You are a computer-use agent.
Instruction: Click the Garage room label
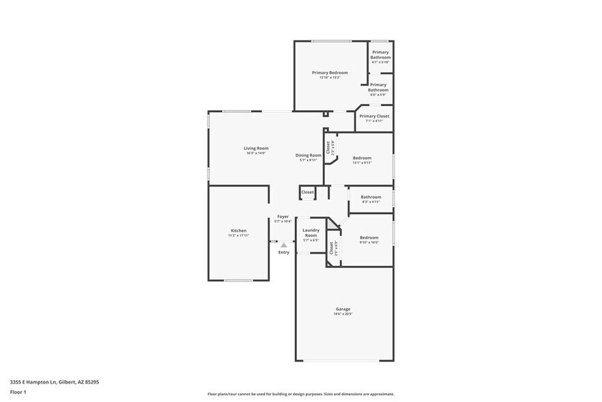click(342, 308)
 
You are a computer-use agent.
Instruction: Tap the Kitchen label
click(238, 230)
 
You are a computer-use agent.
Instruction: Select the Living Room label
click(256, 148)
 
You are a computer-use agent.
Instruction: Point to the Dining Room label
click(309, 155)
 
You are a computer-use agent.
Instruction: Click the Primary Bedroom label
click(330, 72)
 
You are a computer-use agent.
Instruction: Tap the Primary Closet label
click(374, 116)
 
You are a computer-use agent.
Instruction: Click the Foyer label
click(283, 217)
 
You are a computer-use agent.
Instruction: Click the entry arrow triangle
click(284, 244)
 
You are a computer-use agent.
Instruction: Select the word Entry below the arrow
click(284, 252)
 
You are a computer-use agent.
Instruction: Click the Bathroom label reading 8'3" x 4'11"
click(371, 197)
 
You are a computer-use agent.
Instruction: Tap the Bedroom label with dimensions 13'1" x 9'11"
click(362, 158)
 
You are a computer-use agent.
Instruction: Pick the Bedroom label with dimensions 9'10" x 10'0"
click(369, 237)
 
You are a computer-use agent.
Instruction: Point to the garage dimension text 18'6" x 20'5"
click(342, 314)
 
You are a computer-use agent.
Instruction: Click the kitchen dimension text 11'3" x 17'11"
click(238, 235)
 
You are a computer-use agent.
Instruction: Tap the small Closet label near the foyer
click(308, 192)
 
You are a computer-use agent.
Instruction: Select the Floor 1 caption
click(18, 392)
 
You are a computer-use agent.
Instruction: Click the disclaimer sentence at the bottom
click(300, 394)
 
